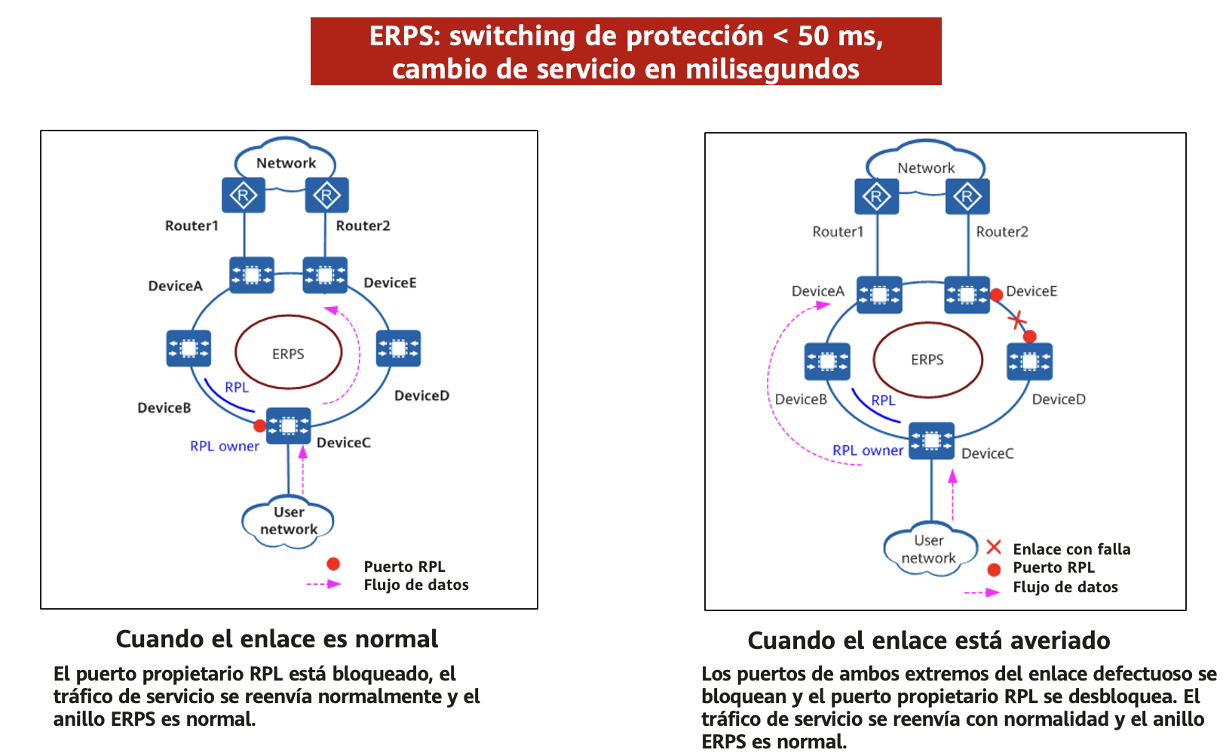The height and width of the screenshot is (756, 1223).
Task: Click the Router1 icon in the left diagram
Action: click(x=244, y=195)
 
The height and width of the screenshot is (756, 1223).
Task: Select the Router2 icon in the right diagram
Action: click(x=967, y=196)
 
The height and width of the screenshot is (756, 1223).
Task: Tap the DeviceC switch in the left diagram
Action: click(x=288, y=426)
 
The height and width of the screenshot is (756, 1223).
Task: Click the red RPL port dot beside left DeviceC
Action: click(x=260, y=426)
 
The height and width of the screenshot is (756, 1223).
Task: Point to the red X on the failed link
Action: click(x=1016, y=320)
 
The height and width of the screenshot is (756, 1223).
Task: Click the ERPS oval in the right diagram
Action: click(x=927, y=360)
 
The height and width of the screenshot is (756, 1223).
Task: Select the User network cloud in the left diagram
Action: click(x=288, y=521)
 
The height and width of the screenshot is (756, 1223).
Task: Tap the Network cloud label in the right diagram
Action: click(x=926, y=167)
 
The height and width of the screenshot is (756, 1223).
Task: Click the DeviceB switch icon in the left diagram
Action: click(x=189, y=348)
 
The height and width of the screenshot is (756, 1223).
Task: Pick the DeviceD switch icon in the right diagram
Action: click(x=1030, y=361)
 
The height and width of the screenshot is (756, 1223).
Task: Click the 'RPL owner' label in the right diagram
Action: click(x=868, y=450)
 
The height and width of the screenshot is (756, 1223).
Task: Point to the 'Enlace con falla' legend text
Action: click(x=1071, y=549)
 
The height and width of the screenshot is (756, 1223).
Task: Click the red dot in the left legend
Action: click(x=333, y=564)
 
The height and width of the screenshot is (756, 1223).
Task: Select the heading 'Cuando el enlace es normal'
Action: click(x=277, y=638)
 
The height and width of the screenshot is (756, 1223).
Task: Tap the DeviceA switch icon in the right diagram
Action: click(x=879, y=295)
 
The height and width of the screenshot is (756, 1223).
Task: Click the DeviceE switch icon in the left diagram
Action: click(x=325, y=275)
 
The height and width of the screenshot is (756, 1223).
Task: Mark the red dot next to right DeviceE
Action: click(x=996, y=295)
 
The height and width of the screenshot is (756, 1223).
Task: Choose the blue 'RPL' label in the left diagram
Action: click(x=237, y=387)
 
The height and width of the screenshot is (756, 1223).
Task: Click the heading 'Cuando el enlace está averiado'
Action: click(x=929, y=641)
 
